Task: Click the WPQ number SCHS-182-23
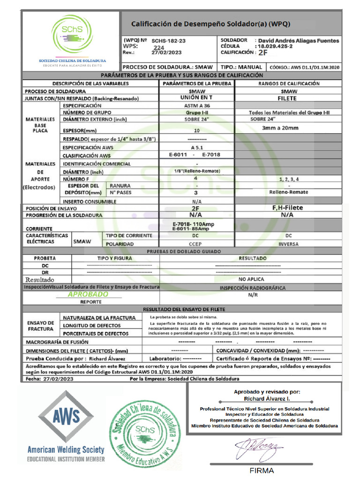(169, 41)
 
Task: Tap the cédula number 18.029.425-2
(274, 47)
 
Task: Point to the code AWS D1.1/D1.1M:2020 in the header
(313, 67)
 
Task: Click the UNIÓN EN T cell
(196, 98)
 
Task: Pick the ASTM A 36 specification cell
(196, 106)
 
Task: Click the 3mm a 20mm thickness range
(280, 128)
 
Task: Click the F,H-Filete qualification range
(287, 208)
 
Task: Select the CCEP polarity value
(196, 244)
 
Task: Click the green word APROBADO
(88, 294)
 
